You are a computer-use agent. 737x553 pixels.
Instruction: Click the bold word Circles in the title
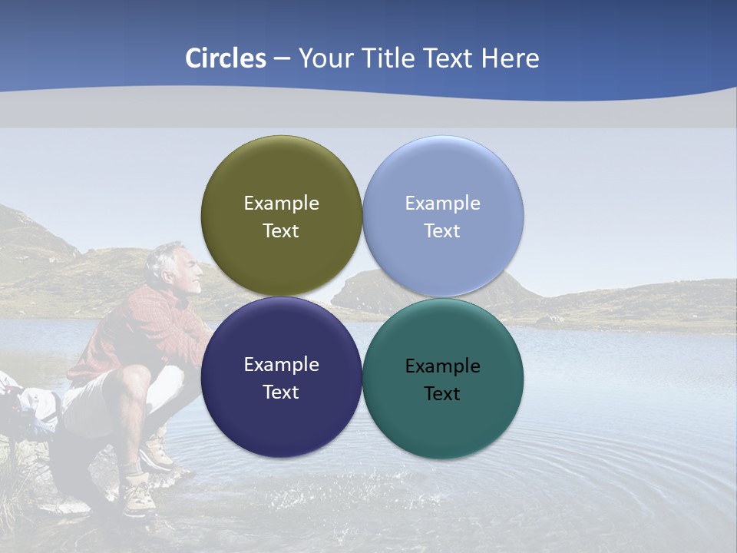click(x=226, y=58)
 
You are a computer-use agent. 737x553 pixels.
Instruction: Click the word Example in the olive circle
click(x=281, y=203)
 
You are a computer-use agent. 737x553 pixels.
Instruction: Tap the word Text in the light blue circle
click(x=442, y=230)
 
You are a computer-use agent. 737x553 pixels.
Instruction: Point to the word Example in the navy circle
click(x=281, y=364)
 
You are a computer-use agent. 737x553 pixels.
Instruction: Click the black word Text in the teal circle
click(x=442, y=393)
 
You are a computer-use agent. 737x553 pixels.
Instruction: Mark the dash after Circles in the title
click(x=282, y=58)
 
